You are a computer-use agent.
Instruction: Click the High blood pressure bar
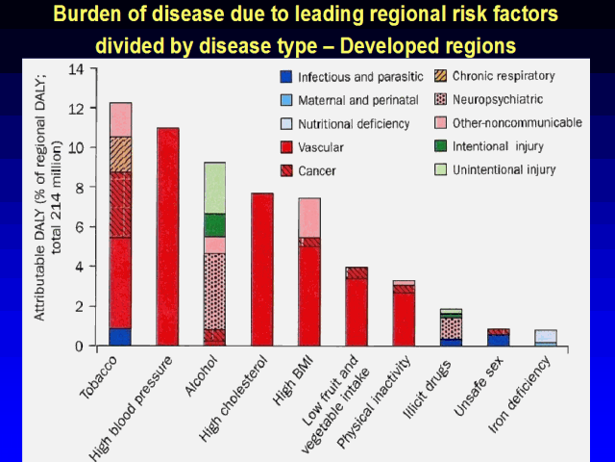[168, 236]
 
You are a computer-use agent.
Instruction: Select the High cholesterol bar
[261, 269]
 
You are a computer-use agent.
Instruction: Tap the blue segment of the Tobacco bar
[120, 337]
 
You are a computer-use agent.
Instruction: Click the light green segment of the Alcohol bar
[214, 188]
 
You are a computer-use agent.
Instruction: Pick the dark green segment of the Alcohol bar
[214, 224]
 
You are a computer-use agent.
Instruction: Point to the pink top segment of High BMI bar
[308, 217]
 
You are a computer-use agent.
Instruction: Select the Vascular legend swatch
[285, 147]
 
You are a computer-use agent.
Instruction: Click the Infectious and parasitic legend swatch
[285, 77]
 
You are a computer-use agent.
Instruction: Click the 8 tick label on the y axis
[80, 188]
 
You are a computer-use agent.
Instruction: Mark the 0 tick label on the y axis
[80, 346]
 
